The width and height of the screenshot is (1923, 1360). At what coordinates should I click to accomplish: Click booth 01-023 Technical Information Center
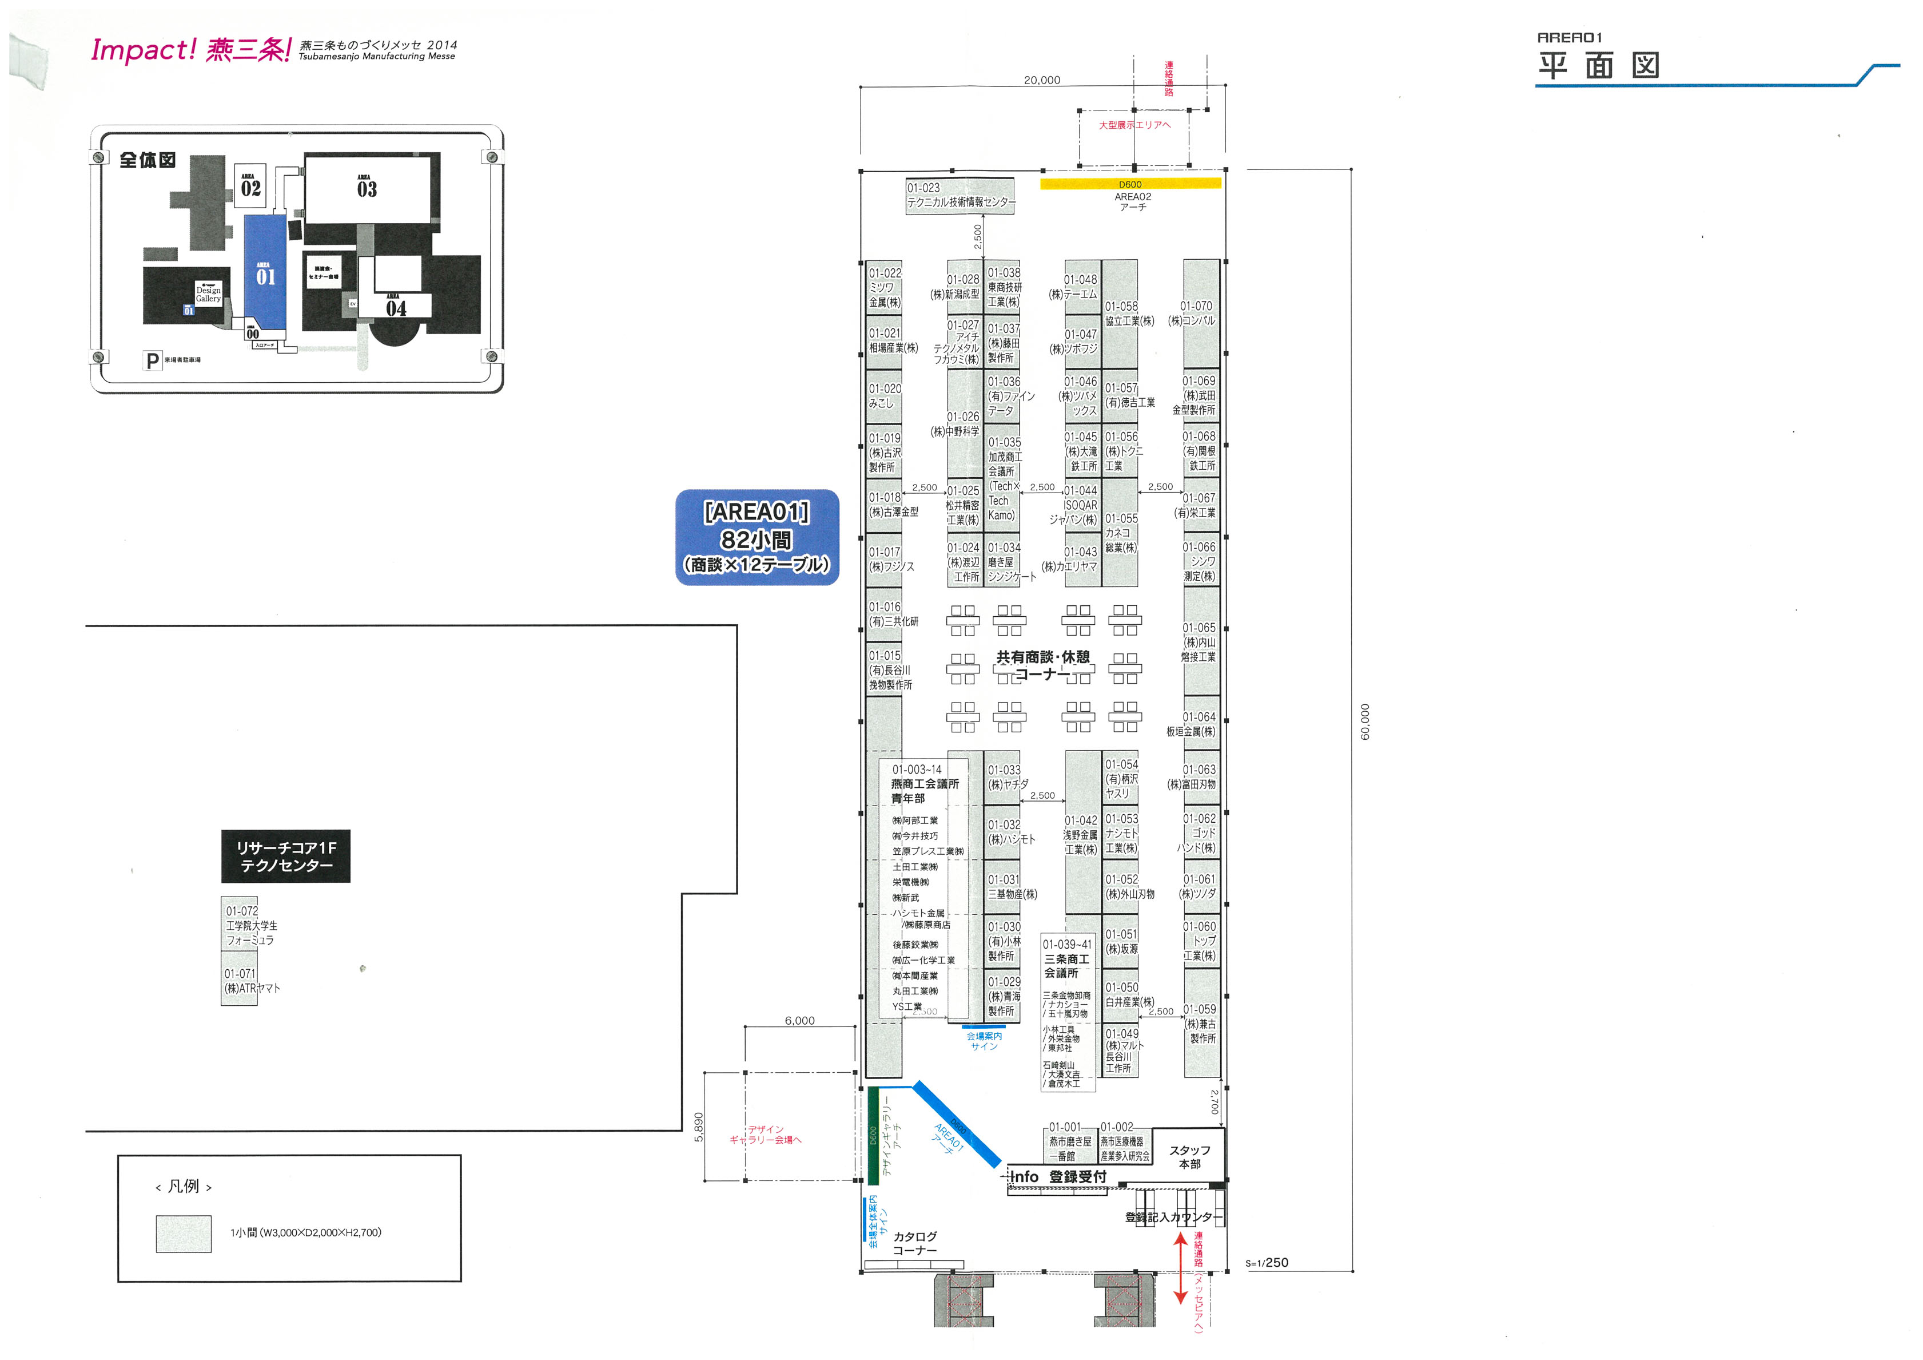960,195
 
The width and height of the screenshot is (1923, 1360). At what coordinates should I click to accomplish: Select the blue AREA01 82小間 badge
757,537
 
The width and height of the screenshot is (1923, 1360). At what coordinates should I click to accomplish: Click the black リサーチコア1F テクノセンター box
285,857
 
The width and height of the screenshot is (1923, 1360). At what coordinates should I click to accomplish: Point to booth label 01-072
241,911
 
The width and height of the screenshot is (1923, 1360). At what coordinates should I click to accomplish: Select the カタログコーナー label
914,1243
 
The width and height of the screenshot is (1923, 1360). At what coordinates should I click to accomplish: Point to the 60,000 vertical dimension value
1365,721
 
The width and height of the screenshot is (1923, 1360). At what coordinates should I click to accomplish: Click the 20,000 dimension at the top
1042,81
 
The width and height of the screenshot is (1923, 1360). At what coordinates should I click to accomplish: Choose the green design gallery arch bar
873,1135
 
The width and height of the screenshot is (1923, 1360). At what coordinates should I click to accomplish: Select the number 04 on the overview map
396,308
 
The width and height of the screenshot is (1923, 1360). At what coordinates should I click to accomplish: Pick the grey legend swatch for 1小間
184,1234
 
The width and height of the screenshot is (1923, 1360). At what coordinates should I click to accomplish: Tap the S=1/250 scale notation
1267,1263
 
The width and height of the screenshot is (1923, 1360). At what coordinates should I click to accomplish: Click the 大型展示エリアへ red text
1135,125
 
